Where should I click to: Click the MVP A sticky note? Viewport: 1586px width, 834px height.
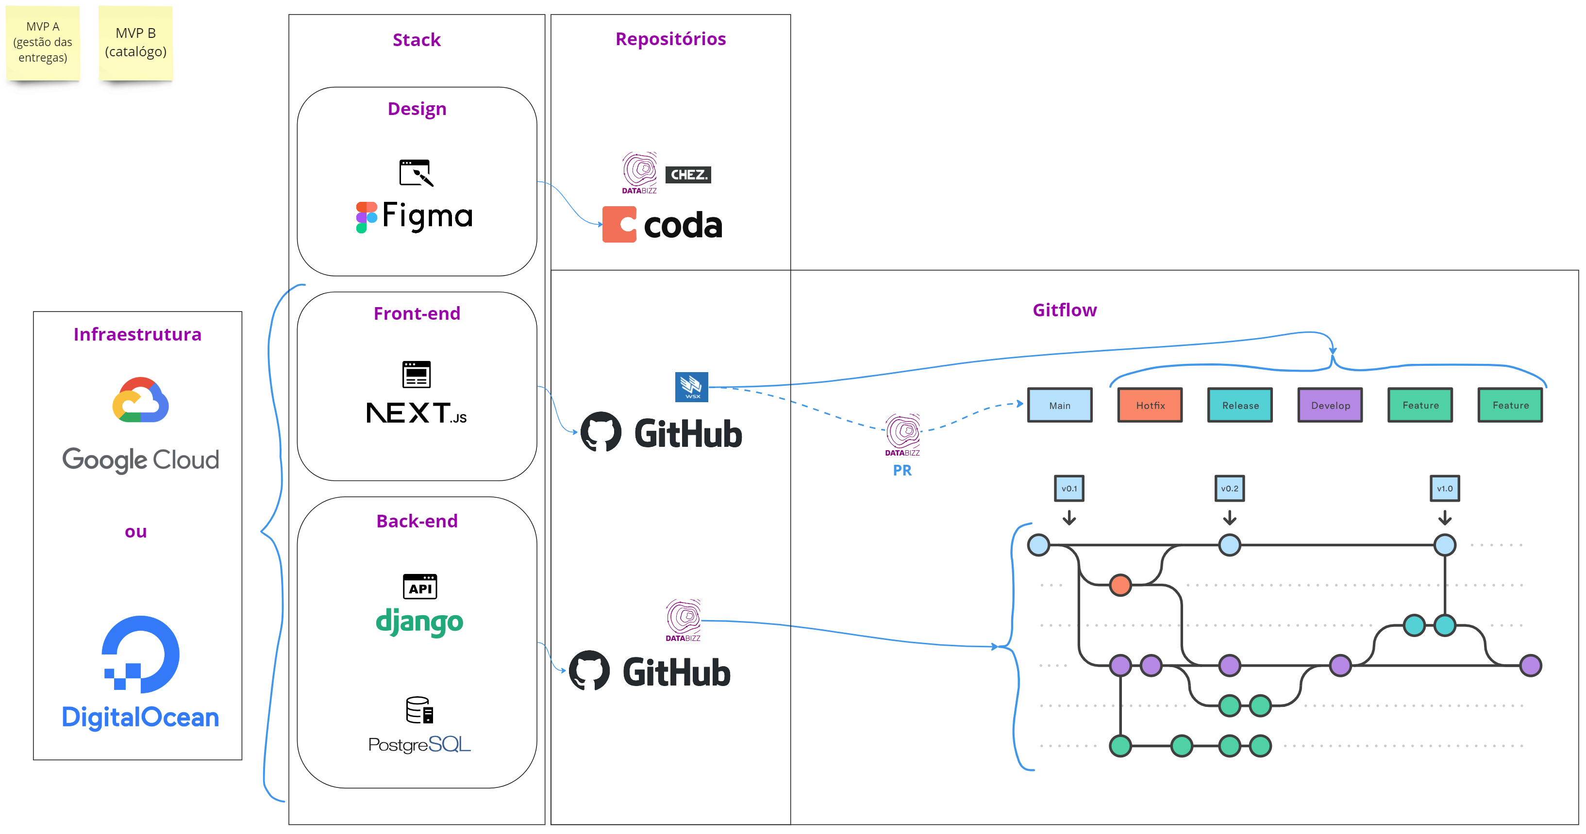click(x=43, y=43)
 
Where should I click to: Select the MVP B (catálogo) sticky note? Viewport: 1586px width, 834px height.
click(x=135, y=43)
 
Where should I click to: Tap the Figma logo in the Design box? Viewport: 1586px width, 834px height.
click(x=415, y=217)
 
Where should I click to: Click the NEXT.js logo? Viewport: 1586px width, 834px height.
click(x=416, y=412)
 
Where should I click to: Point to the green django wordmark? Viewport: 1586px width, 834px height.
click(x=419, y=621)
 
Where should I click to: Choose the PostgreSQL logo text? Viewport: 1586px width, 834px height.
click(x=419, y=744)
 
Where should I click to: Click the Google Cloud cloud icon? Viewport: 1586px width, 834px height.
click(x=140, y=400)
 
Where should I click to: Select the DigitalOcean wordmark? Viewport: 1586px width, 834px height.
click(x=140, y=717)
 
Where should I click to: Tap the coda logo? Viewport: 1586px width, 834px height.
click(x=663, y=225)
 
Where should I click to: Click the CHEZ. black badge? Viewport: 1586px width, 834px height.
click(x=688, y=175)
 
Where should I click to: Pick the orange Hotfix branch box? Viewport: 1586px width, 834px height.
click(x=1150, y=405)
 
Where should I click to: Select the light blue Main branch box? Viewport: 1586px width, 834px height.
click(x=1060, y=405)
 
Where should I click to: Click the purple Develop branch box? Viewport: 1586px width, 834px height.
click(x=1330, y=405)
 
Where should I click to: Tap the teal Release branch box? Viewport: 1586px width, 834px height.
click(x=1240, y=405)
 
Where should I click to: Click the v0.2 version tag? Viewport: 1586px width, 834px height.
click(x=1230, y=489)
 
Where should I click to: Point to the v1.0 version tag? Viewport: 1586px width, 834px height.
click(x=1444, y=489)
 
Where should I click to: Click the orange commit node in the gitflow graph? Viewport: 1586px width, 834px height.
click(x=1120, y=585)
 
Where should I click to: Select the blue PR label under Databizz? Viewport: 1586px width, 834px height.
click(x=902, y=470)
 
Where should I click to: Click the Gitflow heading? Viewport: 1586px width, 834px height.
click(x=1065, y=310)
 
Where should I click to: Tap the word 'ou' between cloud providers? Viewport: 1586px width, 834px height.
click(x=136, y=531)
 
